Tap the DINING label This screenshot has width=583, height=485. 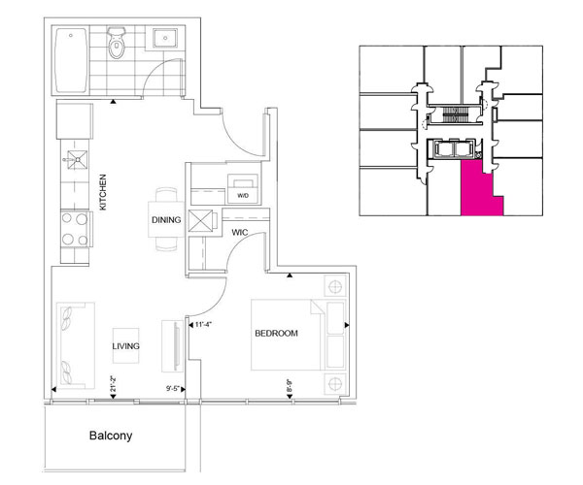[x=165, y=220]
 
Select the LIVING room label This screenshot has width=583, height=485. [x=127, y=346]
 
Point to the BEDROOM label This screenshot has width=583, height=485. [x=276, y=334]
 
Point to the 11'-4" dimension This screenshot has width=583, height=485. [x=204, y=325]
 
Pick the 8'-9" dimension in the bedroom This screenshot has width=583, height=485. [x=289, y=385]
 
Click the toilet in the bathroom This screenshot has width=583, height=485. [x=119, y=44]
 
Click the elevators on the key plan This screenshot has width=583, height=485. [x=454, y=151]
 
